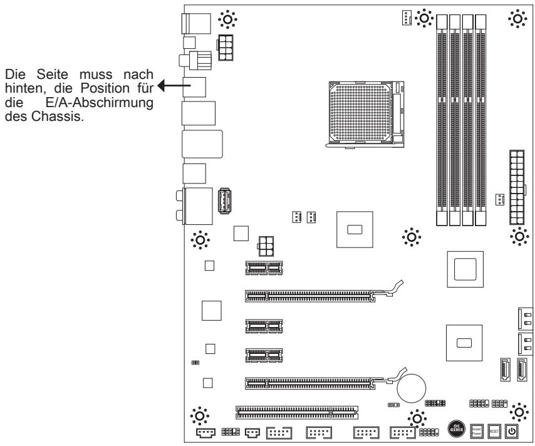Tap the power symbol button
point(511,430)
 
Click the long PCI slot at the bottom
point(296,412)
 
